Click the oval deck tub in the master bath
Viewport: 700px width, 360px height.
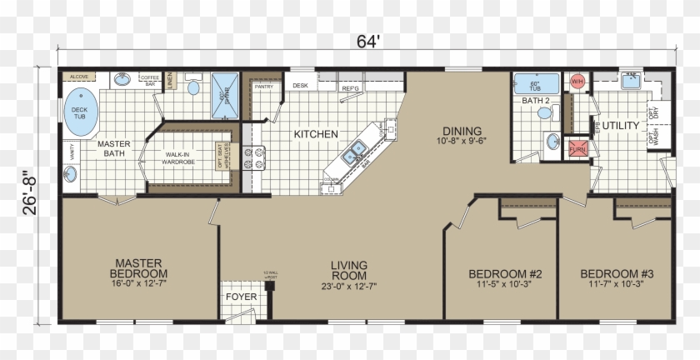click(79, 110)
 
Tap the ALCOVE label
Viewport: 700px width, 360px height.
click(79, 77)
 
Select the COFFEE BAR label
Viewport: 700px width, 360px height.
click(151, 81)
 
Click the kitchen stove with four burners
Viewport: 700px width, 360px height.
click(253, 157)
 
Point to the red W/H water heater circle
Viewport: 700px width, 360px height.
click(577, 82)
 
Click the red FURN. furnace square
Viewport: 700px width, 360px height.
click(577, 148)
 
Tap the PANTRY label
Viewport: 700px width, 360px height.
click(264, 86)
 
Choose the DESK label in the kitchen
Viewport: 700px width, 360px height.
click(300, 85)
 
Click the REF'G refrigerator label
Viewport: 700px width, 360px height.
click(350, 87)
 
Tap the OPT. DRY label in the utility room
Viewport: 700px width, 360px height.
click(653, 111)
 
